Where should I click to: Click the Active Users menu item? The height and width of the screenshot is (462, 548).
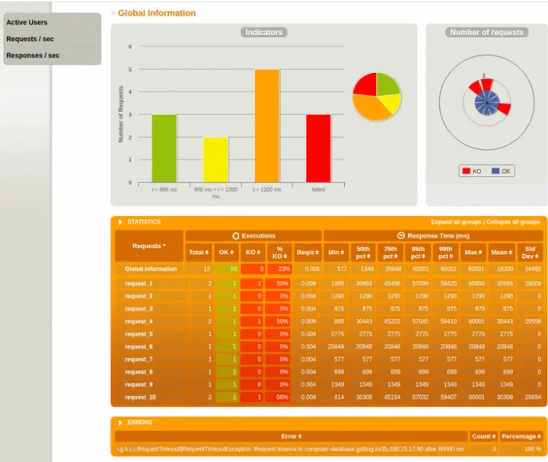coord(27,22)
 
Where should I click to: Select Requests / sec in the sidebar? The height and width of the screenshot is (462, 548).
coord(30,39)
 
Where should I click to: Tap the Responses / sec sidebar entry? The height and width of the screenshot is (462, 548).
coord(33,56)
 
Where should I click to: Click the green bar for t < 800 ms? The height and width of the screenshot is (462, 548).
coord(164,148)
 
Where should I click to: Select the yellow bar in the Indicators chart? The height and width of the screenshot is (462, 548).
coord(215,159)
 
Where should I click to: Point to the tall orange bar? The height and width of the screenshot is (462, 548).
coord(266,125)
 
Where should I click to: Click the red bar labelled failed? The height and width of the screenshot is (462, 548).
coord(318,148)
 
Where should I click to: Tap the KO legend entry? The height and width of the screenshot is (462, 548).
coord(472,171)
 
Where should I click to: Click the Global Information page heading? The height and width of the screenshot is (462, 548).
coord(157,13)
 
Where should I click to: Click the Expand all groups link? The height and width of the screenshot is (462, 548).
coord(456,221)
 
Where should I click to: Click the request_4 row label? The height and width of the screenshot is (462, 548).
coord(139,321)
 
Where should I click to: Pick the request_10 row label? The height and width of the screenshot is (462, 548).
coord(140,397)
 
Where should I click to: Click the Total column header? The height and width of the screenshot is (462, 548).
coord(198,252)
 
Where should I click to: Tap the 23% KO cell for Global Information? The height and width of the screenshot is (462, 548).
coord(279,269)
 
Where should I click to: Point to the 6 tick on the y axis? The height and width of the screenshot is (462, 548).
coord(129,46)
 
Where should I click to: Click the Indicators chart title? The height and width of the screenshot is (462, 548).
coord(263,32)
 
